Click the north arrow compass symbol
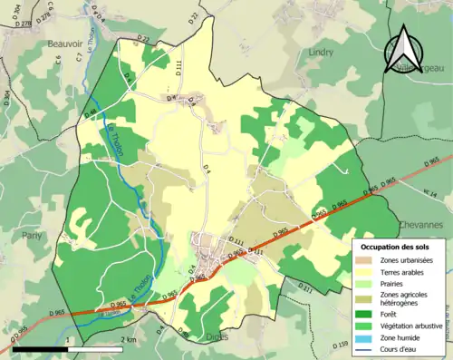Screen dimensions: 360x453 pos(403,48)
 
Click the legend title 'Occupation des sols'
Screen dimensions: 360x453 pos(397,247)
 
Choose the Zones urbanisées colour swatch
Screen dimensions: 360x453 pos(367,261)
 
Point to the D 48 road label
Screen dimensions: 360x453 pos(92,113)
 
